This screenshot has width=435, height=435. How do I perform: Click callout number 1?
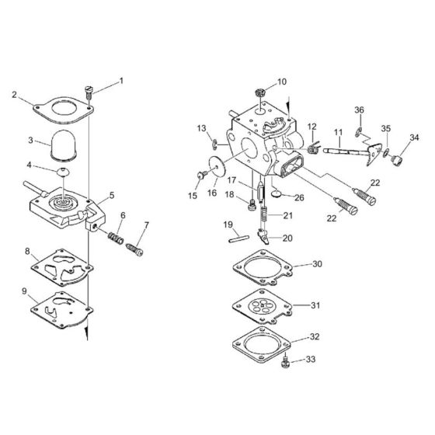[120, 82]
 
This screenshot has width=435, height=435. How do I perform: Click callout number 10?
[281, 81]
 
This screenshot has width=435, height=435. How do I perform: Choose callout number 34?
[413, 137]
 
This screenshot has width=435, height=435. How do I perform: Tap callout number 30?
[316, 263]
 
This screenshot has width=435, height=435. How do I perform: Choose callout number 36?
[359, 110]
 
